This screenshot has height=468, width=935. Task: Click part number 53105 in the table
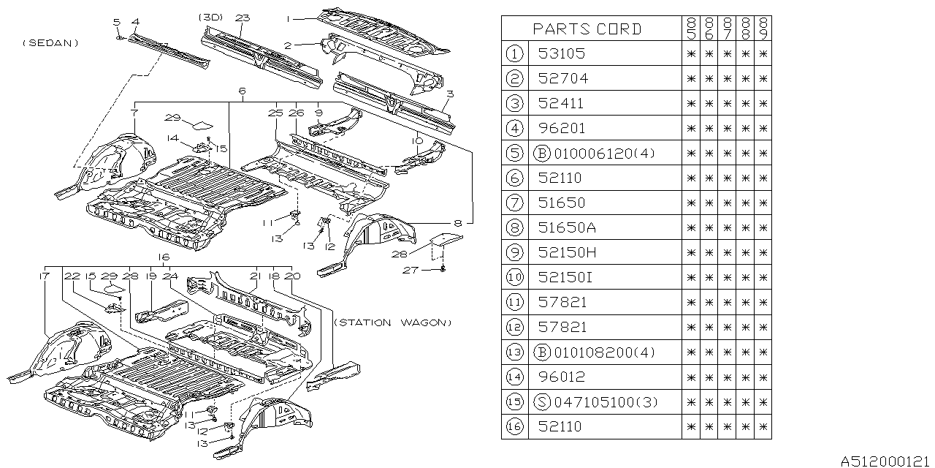tap(561, 53)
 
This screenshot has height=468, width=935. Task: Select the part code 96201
tap(561, 128)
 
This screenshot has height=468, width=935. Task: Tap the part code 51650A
tap(567, 227)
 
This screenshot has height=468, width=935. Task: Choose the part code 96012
tap(561, 377)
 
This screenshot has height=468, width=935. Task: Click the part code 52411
tap(561, 103)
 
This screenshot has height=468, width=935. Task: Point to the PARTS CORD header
tap(587, 29)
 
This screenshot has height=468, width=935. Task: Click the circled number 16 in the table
tap(516, 426)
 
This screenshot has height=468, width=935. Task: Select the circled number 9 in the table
tap(516, 252)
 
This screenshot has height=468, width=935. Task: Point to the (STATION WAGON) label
tap(393, 322)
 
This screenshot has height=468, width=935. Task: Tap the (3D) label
tap(210, 17)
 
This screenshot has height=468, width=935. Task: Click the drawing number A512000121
tap(885, 461)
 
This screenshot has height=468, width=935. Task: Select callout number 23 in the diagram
tap(243, 17)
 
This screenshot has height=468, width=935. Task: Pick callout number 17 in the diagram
tap(45, 276)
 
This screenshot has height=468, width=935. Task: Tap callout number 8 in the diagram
tap(458, 221)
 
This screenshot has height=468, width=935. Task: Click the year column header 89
tap(763, 29)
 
